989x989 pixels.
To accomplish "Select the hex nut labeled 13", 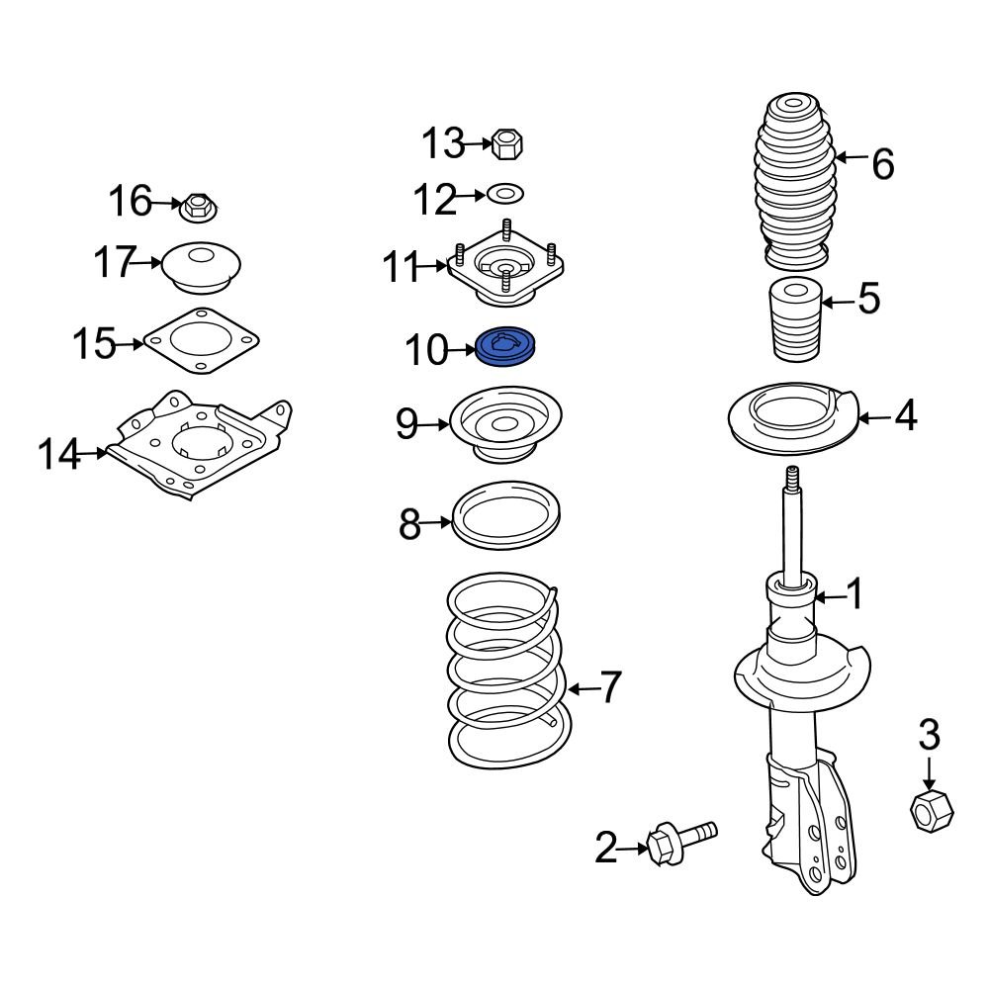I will (x=506, y=144).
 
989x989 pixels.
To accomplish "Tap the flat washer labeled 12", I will (x=505, y=191).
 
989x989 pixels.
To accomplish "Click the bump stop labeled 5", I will (x=795, y=322).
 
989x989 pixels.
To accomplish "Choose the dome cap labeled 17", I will (x=201, y=266).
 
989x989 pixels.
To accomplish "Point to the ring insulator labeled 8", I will (x=505, y=515).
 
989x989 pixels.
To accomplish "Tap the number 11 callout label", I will (x=403, y=267).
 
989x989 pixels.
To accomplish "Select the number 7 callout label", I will (x=609, y=686).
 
